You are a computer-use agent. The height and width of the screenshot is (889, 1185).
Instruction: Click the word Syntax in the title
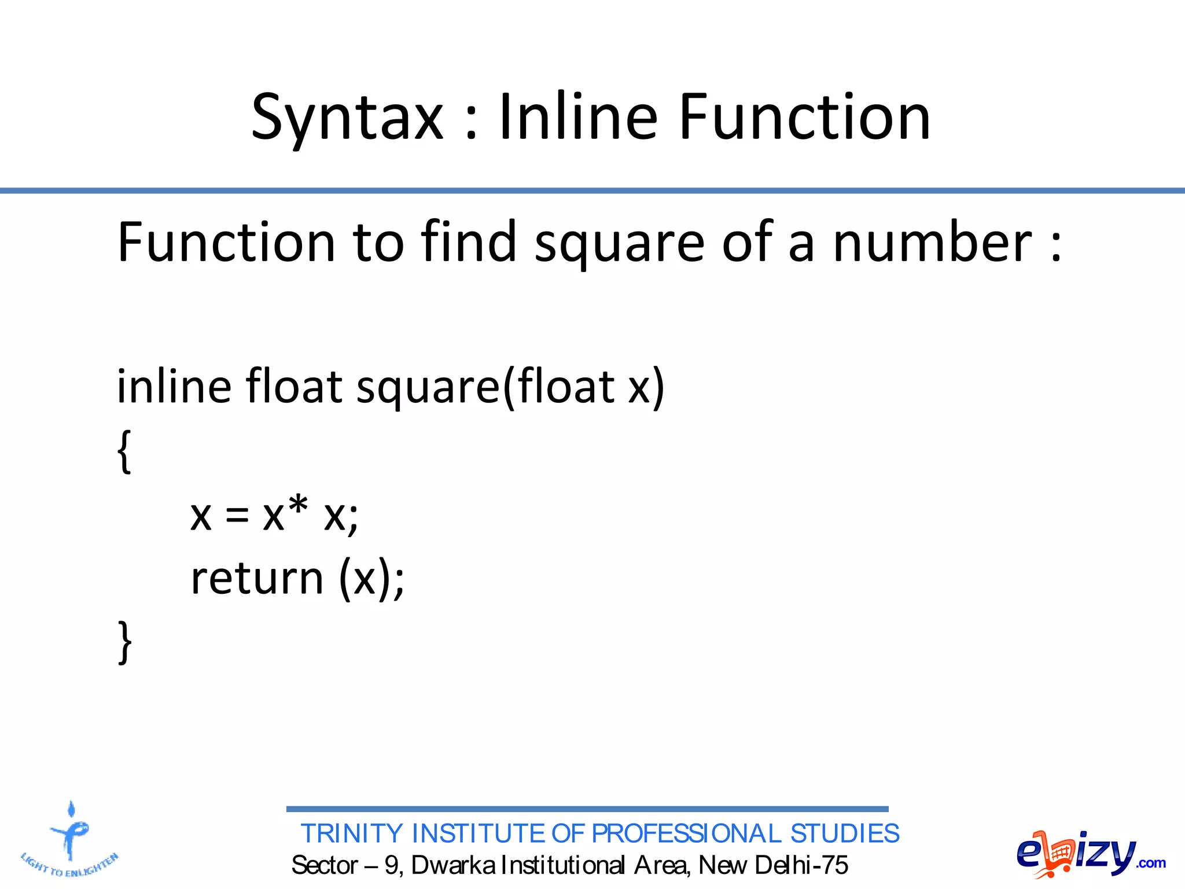point(347,119)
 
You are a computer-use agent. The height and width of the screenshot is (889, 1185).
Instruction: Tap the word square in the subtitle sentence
point(619,243)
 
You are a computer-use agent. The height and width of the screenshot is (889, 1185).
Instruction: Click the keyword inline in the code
point(174,386)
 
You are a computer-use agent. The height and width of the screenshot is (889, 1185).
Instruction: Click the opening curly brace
point(124,452)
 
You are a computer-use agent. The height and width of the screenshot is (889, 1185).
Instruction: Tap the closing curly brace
point(124,642)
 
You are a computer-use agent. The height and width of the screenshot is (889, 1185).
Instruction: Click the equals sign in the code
point(237,515)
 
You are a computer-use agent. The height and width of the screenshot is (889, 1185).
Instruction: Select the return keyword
point(257,578)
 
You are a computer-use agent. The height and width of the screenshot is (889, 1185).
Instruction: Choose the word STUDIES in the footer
point(845,834)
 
